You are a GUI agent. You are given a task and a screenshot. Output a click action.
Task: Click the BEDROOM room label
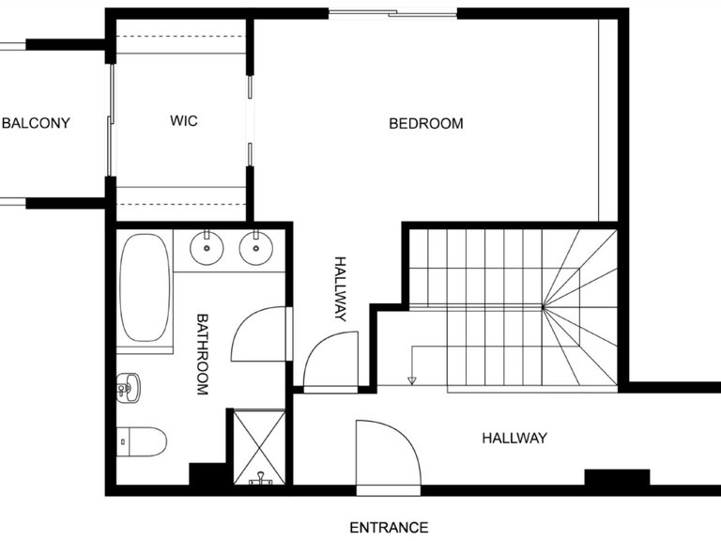click(426, 123)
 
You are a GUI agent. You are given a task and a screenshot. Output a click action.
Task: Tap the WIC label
click(183, 121)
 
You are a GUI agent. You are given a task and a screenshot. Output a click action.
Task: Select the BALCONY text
click(36, 123)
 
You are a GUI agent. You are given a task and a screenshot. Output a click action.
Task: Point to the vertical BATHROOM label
click(202, 354)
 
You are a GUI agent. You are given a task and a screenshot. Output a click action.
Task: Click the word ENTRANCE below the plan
click(389, 527)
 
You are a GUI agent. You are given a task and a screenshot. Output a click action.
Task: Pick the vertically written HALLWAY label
click(340, 288)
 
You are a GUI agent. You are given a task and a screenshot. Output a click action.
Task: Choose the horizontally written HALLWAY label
click(514, 438)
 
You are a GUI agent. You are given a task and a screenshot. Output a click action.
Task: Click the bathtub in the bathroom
click(145, 289)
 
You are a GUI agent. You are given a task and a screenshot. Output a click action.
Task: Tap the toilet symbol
click(143, 440)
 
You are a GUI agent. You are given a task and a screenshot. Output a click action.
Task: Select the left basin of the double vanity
click(206, 249)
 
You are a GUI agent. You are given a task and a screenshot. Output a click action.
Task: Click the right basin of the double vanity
click(254, 249)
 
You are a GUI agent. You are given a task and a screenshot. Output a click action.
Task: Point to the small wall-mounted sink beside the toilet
click(128, 386)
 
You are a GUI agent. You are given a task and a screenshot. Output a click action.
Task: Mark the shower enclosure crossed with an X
click(258, 446)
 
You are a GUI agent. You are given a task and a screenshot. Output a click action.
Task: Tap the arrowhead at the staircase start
click(411, 380)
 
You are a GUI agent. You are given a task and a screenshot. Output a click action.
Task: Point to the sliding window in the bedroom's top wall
click(391, 13)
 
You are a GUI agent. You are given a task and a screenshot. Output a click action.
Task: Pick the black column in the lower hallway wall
click(617, 477)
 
